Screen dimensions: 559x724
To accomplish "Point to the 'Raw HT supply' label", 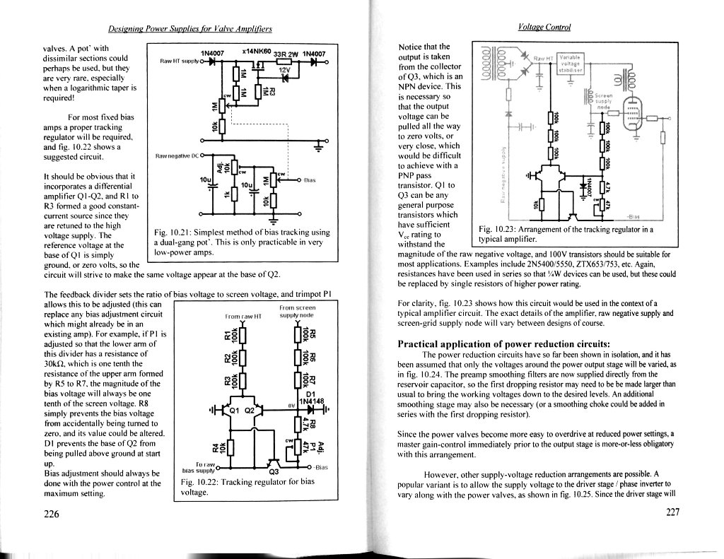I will tap(180, 61).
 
